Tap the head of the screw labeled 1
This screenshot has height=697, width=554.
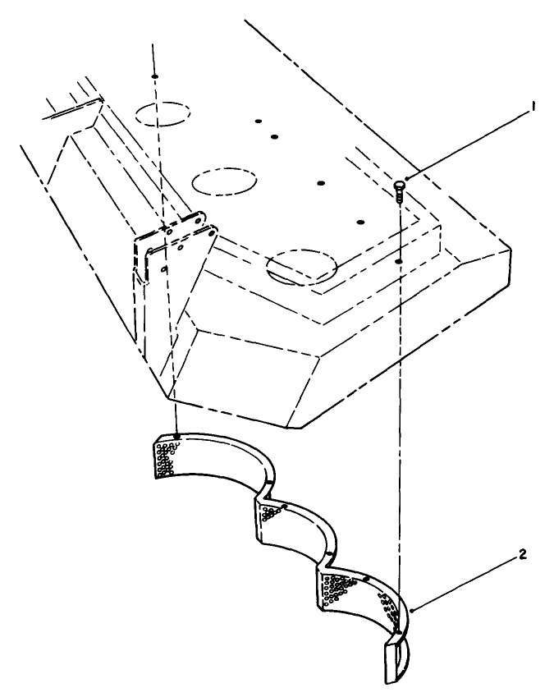click(x=400, y=185)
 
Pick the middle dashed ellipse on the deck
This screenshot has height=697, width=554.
click(x=224, y=181)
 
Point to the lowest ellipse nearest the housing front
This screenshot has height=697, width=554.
click(x=303, y=267)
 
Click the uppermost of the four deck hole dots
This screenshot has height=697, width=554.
click(x=257, y=122)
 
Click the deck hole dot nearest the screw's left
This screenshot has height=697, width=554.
click(x=359, y=221)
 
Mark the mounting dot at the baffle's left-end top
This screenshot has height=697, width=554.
click(x=177, y=434)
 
